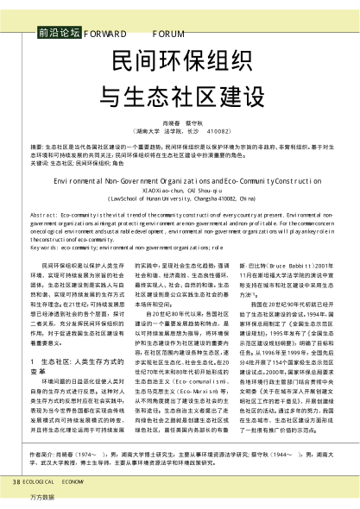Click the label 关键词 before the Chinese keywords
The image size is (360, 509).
(x=40, y=161)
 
